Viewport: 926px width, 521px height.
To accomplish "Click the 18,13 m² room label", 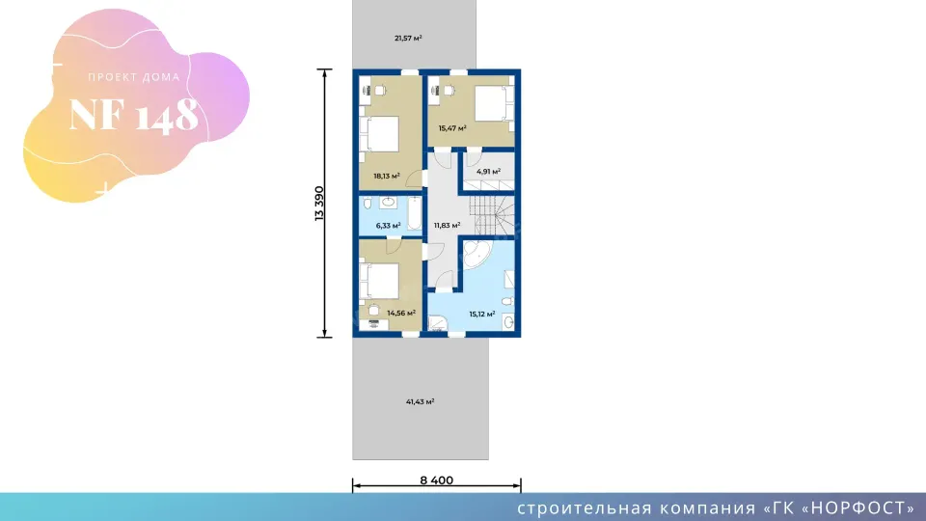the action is (x=387, y=176).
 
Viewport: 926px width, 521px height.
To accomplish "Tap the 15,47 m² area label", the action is (x=452, y=128).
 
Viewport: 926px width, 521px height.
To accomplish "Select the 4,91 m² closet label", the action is (x=488, y=172).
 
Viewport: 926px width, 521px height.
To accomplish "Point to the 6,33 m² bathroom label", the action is (x=388, y=226).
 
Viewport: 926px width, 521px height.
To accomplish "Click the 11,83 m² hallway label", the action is (x=447, y=226).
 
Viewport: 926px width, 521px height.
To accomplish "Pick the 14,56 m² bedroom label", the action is (x=401, y=313).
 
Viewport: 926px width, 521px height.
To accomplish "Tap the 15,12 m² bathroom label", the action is (x=482, y=315).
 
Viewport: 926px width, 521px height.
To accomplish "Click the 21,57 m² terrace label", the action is (x=408, y=39).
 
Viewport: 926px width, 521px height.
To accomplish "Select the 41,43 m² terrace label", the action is (x=420, y=401).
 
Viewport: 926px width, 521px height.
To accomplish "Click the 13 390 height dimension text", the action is (x=319, y=204).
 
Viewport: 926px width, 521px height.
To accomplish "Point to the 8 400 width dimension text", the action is (x=436, y=480).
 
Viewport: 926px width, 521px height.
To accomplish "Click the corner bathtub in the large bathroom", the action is (x=476, y=254).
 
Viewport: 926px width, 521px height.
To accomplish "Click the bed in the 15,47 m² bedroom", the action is (x=493, y=103).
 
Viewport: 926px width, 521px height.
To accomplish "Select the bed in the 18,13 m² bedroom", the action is (x=380, y=134).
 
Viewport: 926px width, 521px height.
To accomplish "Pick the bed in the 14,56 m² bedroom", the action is (x=380, y=281).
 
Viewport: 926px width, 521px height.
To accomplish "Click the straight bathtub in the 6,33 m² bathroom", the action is (x=415, y=213).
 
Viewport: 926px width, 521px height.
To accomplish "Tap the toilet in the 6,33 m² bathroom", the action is (x=368, y=204).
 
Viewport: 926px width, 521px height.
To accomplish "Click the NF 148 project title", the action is (x=133, y=115).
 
